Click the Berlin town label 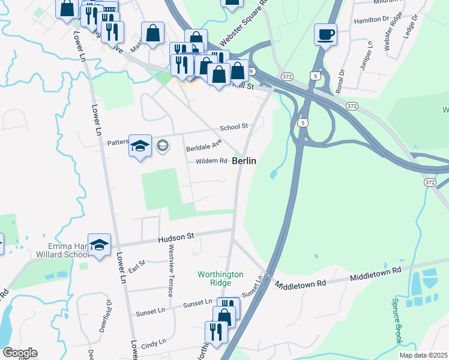244,161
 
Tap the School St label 234,127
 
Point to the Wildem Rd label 211,161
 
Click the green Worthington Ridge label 221,278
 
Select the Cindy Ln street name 153,343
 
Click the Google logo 19,353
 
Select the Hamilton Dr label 372,20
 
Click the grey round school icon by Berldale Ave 162,145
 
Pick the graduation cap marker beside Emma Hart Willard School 100,245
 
